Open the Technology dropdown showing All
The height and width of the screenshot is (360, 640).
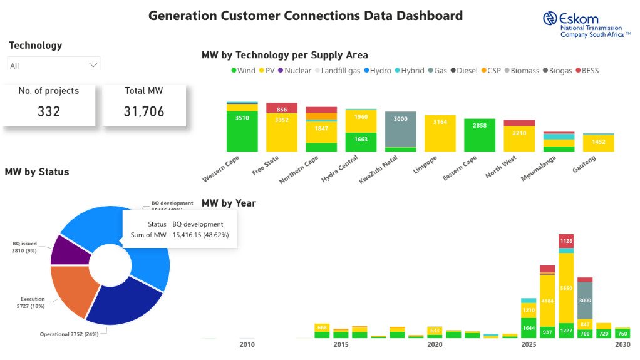pyautogui.click(x=54, y=66)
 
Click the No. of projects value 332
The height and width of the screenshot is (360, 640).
pyautogui.click(x=48, y=111)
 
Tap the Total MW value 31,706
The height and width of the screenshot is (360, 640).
pyautogui.click(x=144, y=111)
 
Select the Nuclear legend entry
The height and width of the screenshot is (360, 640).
pyautogui.click(x=294, y=71)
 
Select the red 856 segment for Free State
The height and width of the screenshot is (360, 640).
pyautogui.click(x=282, y=108)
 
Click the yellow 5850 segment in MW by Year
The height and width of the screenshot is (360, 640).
pyautogui.click(x=566, y=287)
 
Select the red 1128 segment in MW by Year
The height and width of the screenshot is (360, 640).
pyautogui.click(x=566, y=241)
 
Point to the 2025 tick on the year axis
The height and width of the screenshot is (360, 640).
pyautogui.click(x=529, y=345)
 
